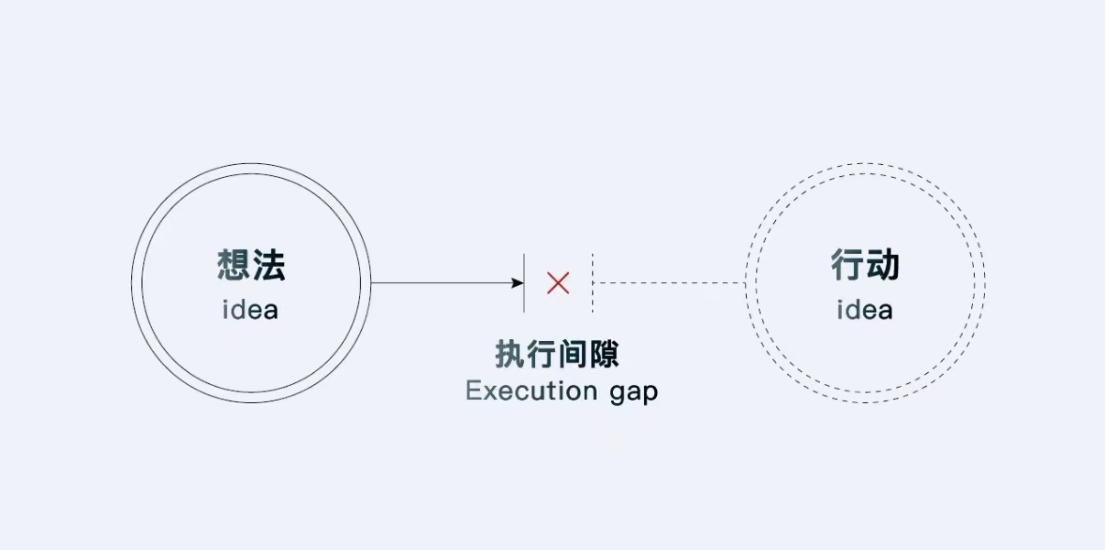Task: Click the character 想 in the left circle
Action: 233,266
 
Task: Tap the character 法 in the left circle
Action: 268,266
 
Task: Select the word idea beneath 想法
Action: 250,310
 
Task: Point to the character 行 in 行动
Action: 848,266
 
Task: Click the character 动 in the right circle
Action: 883,266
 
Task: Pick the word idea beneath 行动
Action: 865,310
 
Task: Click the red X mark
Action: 558,282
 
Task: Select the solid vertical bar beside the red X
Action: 524,282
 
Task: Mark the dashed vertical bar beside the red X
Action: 592,282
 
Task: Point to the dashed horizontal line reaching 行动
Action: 670,282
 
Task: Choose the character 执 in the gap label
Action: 511,355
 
